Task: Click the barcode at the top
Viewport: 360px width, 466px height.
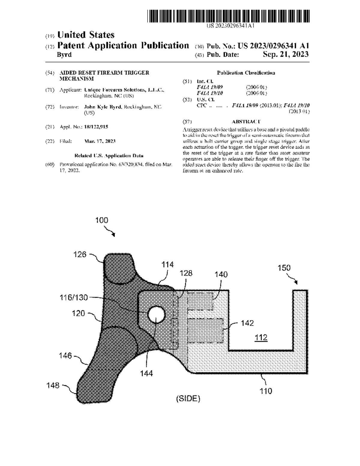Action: pyautogui.click(x=228, y=16)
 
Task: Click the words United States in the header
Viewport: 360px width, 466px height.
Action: pyautogui.click(x=86, y=35)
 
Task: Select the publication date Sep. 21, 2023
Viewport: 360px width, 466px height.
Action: pyautogui.click(x=285, y=54)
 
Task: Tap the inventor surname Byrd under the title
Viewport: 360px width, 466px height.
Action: pyautogui.click(x=64, y=55)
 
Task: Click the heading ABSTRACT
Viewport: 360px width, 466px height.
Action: pyautogui.click(x=246, y=122)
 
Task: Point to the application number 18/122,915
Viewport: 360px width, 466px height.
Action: pyautogui.click(x=96, y=127)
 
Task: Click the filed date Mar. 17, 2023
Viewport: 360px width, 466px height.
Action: pyautogui.click(x=100, y=141)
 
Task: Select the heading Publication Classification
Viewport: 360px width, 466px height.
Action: pyautogui.click(x=246, y=73)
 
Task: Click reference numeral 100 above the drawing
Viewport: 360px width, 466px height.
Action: pyautogui.click(x=102, y=220)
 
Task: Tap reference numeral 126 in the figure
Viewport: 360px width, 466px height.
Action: pyautogui.click(x=80, y=254)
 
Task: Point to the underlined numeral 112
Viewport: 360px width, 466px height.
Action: pyautogui.click(x=261, y=338)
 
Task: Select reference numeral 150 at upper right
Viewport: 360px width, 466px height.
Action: pyautogui.click(x=284, y=268)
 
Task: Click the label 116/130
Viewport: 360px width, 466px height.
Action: pyautogui.click(x=73, y=297)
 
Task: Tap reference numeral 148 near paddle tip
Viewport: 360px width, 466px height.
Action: pyautogui.click(x=53, y=385)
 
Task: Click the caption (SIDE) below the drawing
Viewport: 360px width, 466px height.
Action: pyautogui.click(x=188, y=398)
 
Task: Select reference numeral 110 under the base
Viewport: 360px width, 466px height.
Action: pyautogui.click(x=266, y=391)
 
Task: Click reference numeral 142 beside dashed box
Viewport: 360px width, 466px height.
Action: pyautogui.click(x=247, y=323)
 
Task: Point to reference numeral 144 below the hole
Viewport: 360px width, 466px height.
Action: pyautogui.click(x=146, y=373)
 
